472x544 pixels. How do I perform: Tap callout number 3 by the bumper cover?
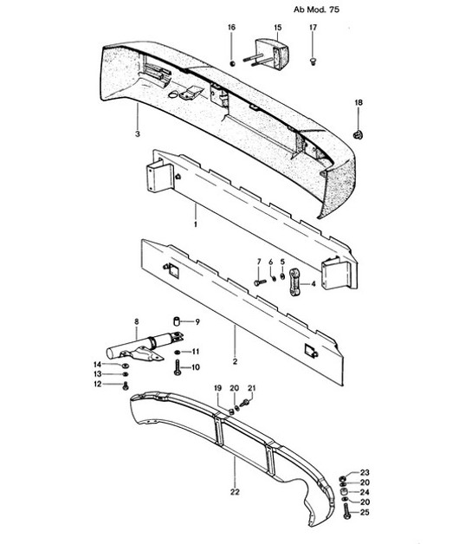[137, 133]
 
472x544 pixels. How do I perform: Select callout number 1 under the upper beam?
[197, 223]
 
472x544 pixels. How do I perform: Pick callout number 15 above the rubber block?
[277, 29]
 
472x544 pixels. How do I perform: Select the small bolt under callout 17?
[313, 60]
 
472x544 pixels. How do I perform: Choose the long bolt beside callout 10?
[178, 368]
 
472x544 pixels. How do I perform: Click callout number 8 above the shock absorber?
[135, 322]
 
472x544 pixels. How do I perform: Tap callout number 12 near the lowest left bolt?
[99, 384]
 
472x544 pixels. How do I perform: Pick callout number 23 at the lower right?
[365, 472]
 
